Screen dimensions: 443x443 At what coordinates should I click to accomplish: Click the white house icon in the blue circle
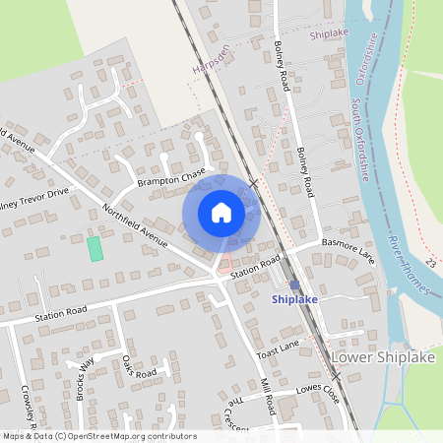click(221, 212)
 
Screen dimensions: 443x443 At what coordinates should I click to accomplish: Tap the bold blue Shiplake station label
click(294, 298)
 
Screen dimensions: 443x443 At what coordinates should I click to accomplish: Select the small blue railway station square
click(294, 285)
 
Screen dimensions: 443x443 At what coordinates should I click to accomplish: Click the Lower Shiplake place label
click(383, 355)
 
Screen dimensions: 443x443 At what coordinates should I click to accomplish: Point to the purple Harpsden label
click(212, 61)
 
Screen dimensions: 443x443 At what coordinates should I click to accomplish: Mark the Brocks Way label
click(83, 373)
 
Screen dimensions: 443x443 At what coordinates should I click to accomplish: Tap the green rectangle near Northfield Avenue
click(95, 248)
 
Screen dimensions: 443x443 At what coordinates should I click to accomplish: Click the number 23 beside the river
click(431, 263)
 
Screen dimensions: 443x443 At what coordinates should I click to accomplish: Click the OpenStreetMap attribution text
click(98, 436)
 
